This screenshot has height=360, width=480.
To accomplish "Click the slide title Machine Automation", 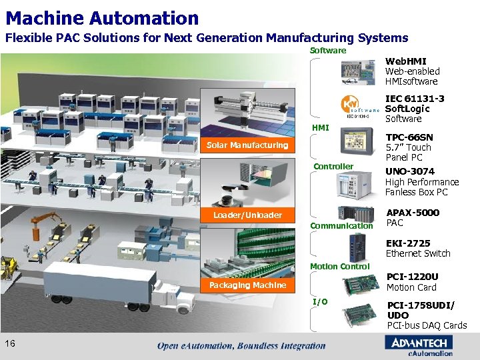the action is [102, 18].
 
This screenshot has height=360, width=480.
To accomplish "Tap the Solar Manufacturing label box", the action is [247, 145].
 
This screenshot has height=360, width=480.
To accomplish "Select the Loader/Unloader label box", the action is [247, 215].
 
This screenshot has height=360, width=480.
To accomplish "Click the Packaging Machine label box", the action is [247, 285].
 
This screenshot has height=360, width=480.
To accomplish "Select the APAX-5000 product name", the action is [413, 213].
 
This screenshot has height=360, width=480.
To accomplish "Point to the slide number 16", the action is [10, 343].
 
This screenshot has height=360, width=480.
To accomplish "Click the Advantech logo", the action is [419, 343].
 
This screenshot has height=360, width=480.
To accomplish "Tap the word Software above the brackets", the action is [329, 51].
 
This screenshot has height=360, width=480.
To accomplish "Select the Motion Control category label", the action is [339, 267].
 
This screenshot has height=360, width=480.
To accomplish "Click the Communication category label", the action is [342, 225].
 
